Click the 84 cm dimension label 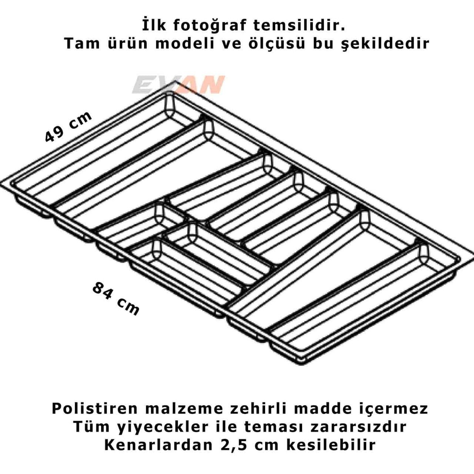coord(116,298)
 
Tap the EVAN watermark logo coord(178,85)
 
